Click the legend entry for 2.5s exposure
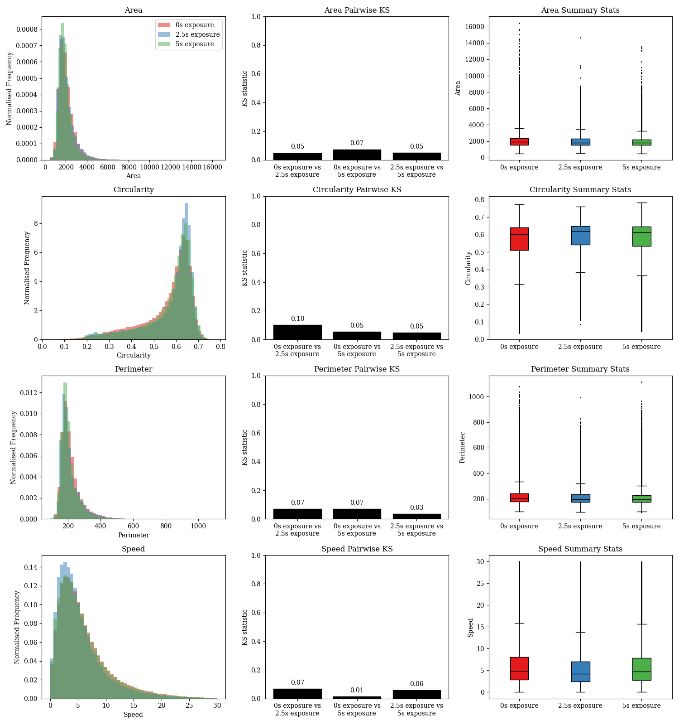point(197,34)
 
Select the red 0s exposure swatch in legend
point(164,25)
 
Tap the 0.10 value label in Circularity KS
point(297,319)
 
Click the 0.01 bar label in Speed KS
point(357,690)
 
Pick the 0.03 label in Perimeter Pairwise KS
point(416,507)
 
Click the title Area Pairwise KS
point(357,10)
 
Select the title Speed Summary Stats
point(580,549)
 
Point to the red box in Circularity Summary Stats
point(519,239)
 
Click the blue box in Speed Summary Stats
point(580,672)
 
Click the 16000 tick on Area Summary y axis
point(474,27)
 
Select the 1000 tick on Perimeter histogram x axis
point(198,526)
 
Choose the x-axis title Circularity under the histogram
point(134,355)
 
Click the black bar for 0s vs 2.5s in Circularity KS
point(297,332)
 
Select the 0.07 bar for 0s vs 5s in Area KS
point(357,155)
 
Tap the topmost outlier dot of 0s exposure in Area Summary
point(519,23)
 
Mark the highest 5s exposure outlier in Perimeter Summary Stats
point(641,382)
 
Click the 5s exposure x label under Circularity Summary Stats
point(641,347)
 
